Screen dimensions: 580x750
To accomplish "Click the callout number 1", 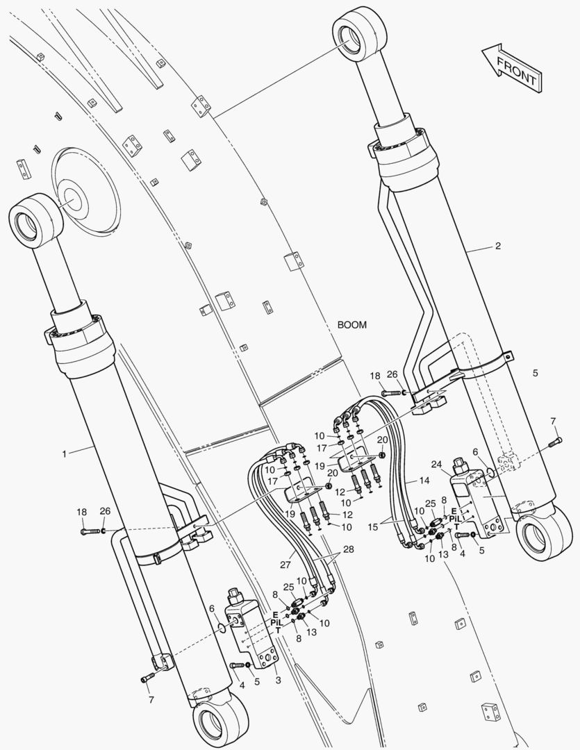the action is tap(65, 454).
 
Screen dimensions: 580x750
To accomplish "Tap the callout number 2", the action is tap(498, 246).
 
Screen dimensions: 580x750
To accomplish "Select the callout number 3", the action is tap(278, 680).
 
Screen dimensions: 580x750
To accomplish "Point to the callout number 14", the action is tap(424, 481).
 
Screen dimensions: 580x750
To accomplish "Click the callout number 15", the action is tap(373, 526).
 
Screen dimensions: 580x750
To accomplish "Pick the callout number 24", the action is tap(436, 465).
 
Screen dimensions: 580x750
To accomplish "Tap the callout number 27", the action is tap(285, 565).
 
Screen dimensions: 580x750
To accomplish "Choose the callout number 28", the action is tap(349, 549).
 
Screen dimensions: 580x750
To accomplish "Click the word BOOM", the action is tap(352, 325).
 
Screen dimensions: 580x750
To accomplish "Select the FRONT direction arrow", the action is tap(513, 67).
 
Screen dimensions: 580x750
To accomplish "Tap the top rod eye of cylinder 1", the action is tap(36, 221).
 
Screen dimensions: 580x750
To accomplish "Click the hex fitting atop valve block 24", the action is tap(460, 465).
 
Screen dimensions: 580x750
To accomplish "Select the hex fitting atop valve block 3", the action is tap(235, 596).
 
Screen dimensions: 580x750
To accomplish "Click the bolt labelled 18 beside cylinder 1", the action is tap(90, 531).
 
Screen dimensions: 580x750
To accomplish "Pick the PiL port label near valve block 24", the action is tap(455, 519).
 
